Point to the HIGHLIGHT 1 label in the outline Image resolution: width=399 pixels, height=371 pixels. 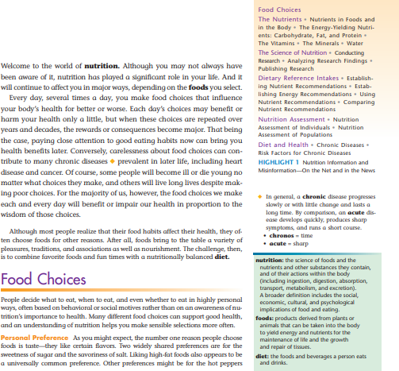pos(279,163)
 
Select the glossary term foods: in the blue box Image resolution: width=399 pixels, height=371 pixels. pos(264,318)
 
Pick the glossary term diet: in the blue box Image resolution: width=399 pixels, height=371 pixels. pos(263,356)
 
